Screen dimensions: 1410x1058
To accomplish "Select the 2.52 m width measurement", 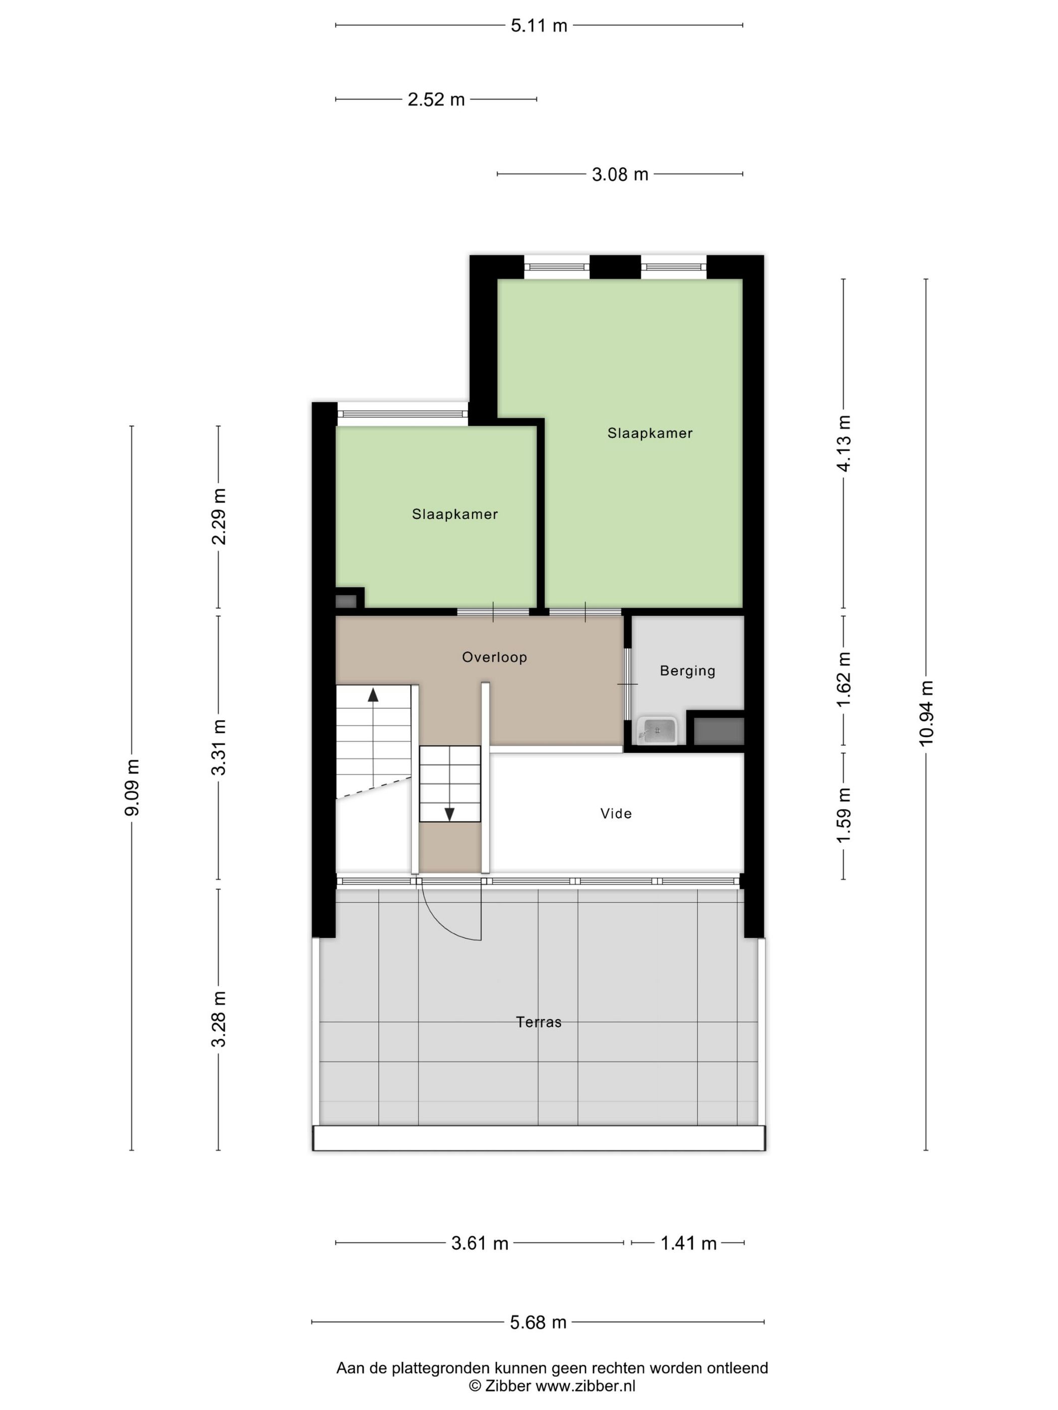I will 436,99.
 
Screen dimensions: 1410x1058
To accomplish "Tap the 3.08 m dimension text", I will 619,174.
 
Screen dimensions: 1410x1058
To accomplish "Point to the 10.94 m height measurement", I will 925,713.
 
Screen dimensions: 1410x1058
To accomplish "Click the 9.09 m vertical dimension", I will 132,787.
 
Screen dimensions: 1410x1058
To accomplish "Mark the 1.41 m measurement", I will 688,1242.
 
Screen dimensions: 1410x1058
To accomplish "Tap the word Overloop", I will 494,657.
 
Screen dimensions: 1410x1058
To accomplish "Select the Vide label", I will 616,813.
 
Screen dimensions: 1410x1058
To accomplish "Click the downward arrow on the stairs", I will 449,814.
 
